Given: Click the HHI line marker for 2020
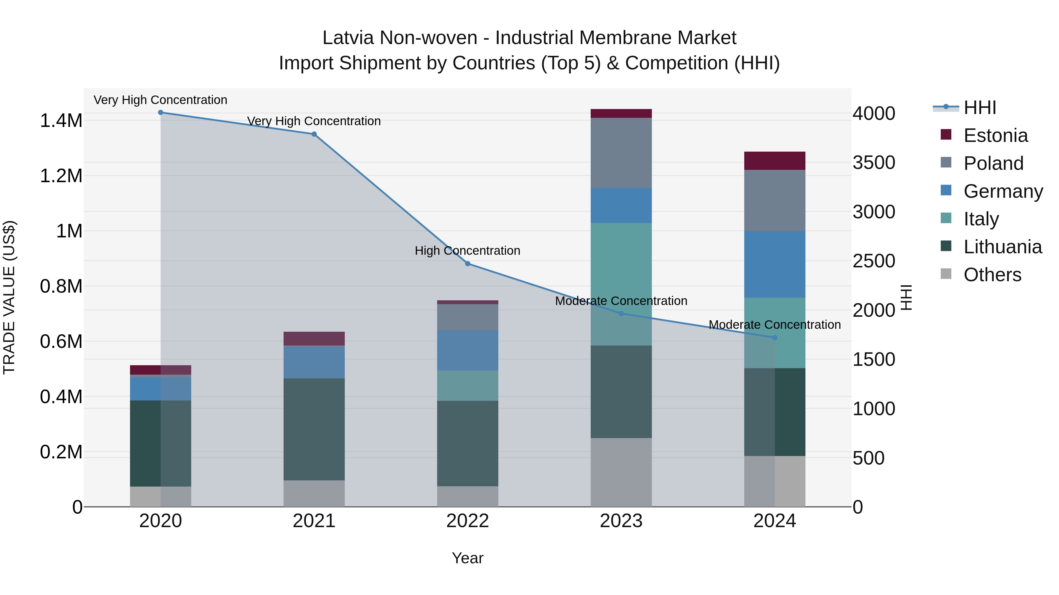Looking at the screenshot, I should click(161, 113).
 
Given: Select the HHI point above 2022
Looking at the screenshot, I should click(467, 264).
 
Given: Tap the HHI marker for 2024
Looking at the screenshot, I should click(775, 338).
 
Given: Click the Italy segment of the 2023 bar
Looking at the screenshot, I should click(621, 283).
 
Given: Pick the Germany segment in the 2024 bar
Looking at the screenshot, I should click(775, 264).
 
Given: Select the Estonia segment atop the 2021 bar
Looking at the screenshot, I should click(314, 338).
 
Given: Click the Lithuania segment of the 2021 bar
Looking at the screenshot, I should click(314, 429).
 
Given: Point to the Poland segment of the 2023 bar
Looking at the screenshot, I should click(621, 153).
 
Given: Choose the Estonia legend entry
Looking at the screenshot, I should click(995, 135).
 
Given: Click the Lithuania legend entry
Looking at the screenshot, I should click(1002, 247).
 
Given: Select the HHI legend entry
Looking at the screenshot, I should click(980, 108).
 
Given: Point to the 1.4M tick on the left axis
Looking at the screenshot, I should click(61, 121).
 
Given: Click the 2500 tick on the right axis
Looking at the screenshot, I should click(874, 261).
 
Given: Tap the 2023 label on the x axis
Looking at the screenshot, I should click(621, 521).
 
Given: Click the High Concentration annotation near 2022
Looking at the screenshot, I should click(467, 250).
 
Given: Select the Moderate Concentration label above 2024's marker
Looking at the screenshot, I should click(775, 324).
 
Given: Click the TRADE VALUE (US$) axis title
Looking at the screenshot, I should click(9, 297).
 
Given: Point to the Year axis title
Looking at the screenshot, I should click(467, 558).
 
